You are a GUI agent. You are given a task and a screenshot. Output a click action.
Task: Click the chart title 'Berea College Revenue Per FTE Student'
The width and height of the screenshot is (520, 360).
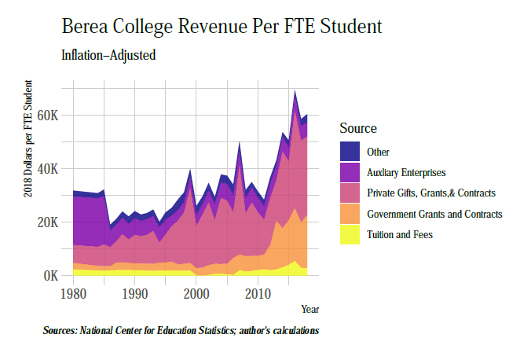pyautogui.click(x=222, y=26)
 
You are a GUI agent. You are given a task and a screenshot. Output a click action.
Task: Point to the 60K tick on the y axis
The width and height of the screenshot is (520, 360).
pyautogui.click(x=49, y=115)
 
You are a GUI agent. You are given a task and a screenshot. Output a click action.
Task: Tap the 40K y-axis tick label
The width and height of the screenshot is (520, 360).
pyautogui.click(x=49, y=168)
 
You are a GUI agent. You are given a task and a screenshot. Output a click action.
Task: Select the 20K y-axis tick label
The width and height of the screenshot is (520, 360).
pyautogui.click(x=49, y=222)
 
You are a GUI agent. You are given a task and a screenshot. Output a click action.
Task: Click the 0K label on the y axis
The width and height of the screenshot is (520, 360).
pyautogui.click(x=52, y=276)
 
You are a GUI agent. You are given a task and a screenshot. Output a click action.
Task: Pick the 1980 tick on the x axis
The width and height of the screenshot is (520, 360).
pyautogui.click(x=73, y=293)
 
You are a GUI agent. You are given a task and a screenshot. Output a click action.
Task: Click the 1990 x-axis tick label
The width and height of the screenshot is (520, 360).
pyautogui.click(x=134, y=293)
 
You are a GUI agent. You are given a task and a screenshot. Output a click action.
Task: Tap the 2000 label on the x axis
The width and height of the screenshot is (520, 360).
pyautogui.click(x=196, y=293)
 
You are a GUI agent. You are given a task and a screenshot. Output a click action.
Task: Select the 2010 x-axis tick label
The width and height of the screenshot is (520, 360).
pyautogui.click(x=258, y=293)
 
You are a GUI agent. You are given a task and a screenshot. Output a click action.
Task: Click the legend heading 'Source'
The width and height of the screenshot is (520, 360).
pyautogui.click(x=358, y=128)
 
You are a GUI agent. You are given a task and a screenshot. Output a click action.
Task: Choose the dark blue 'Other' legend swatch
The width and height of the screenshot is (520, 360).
pyautogui.click(x=350, y=152)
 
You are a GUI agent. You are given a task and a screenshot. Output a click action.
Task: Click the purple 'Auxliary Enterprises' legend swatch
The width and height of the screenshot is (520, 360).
pyautogui.click(x=350, y=172)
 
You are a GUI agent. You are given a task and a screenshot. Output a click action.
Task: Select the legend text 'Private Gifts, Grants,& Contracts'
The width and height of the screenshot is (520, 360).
pyautogui.click(x=431, y=193)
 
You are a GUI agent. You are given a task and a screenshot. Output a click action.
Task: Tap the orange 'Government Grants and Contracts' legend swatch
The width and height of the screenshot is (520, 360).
pyautogui.click(x=350, y=214)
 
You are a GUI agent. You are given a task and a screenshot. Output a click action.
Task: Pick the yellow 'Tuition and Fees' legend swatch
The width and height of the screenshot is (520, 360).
pyautogui.click(x=350, y=234)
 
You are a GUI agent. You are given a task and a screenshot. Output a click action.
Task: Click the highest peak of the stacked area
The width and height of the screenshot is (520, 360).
pyautogui.click(x=295, y=92)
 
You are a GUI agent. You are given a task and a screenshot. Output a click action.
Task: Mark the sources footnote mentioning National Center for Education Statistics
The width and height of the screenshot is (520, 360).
pyautogui.click(x=181, y=331)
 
